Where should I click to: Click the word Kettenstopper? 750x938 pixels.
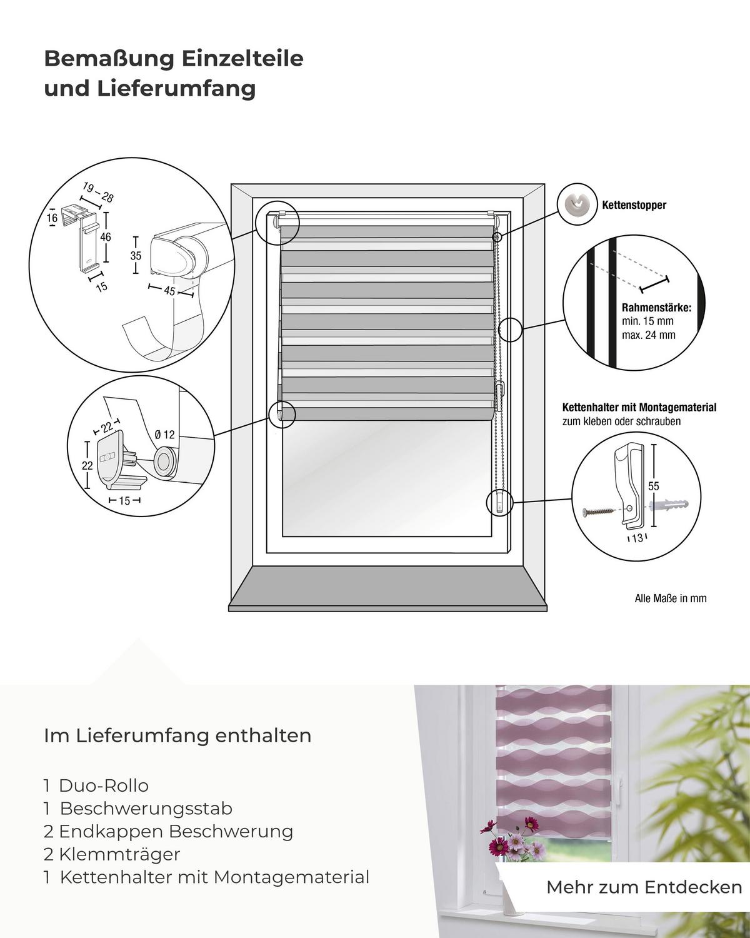click(634, 205)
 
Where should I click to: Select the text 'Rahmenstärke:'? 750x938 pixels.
click(656, 308)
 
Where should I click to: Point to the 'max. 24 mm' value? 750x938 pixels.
click(648, 335)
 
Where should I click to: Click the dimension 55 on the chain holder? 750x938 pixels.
click(654, 486)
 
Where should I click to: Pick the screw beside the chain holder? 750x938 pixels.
click(599, 513)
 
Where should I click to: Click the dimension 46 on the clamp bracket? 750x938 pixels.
click(106, 237)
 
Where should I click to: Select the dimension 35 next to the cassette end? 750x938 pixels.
click(136, 256)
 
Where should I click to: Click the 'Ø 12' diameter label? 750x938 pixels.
click(164, 435)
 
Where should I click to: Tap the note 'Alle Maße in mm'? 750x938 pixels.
click(670, 598)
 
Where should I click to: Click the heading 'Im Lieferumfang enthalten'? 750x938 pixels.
click(177, 735)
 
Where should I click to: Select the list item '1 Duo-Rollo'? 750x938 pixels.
click(96, 785)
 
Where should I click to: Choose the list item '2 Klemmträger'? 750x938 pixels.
click(112, 854)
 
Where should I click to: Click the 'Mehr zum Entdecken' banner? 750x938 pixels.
click(644, 887)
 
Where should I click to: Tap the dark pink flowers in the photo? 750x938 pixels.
click(499, 847)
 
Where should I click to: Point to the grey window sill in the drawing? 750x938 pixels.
click(387, 588)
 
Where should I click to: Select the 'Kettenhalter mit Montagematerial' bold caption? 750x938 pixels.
click(639, 408)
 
